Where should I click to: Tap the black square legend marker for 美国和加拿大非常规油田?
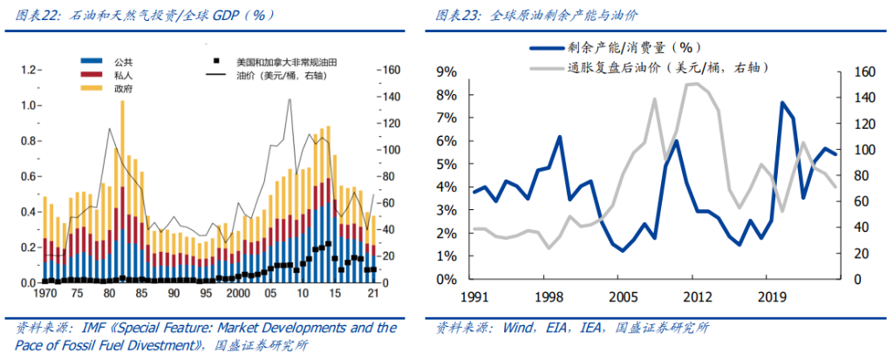point(215,61)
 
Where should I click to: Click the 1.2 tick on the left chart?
point(31,70)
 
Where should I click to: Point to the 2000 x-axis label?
point(237,295)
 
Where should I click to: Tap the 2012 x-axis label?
point(694,295)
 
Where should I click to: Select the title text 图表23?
point(456,16)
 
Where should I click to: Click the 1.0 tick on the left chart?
point(31,105)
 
